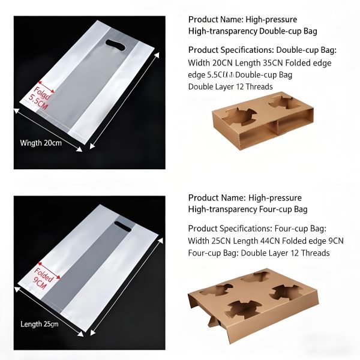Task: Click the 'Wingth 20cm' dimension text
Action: [x=41, y=143]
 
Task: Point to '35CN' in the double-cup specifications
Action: [x=277, y=63]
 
